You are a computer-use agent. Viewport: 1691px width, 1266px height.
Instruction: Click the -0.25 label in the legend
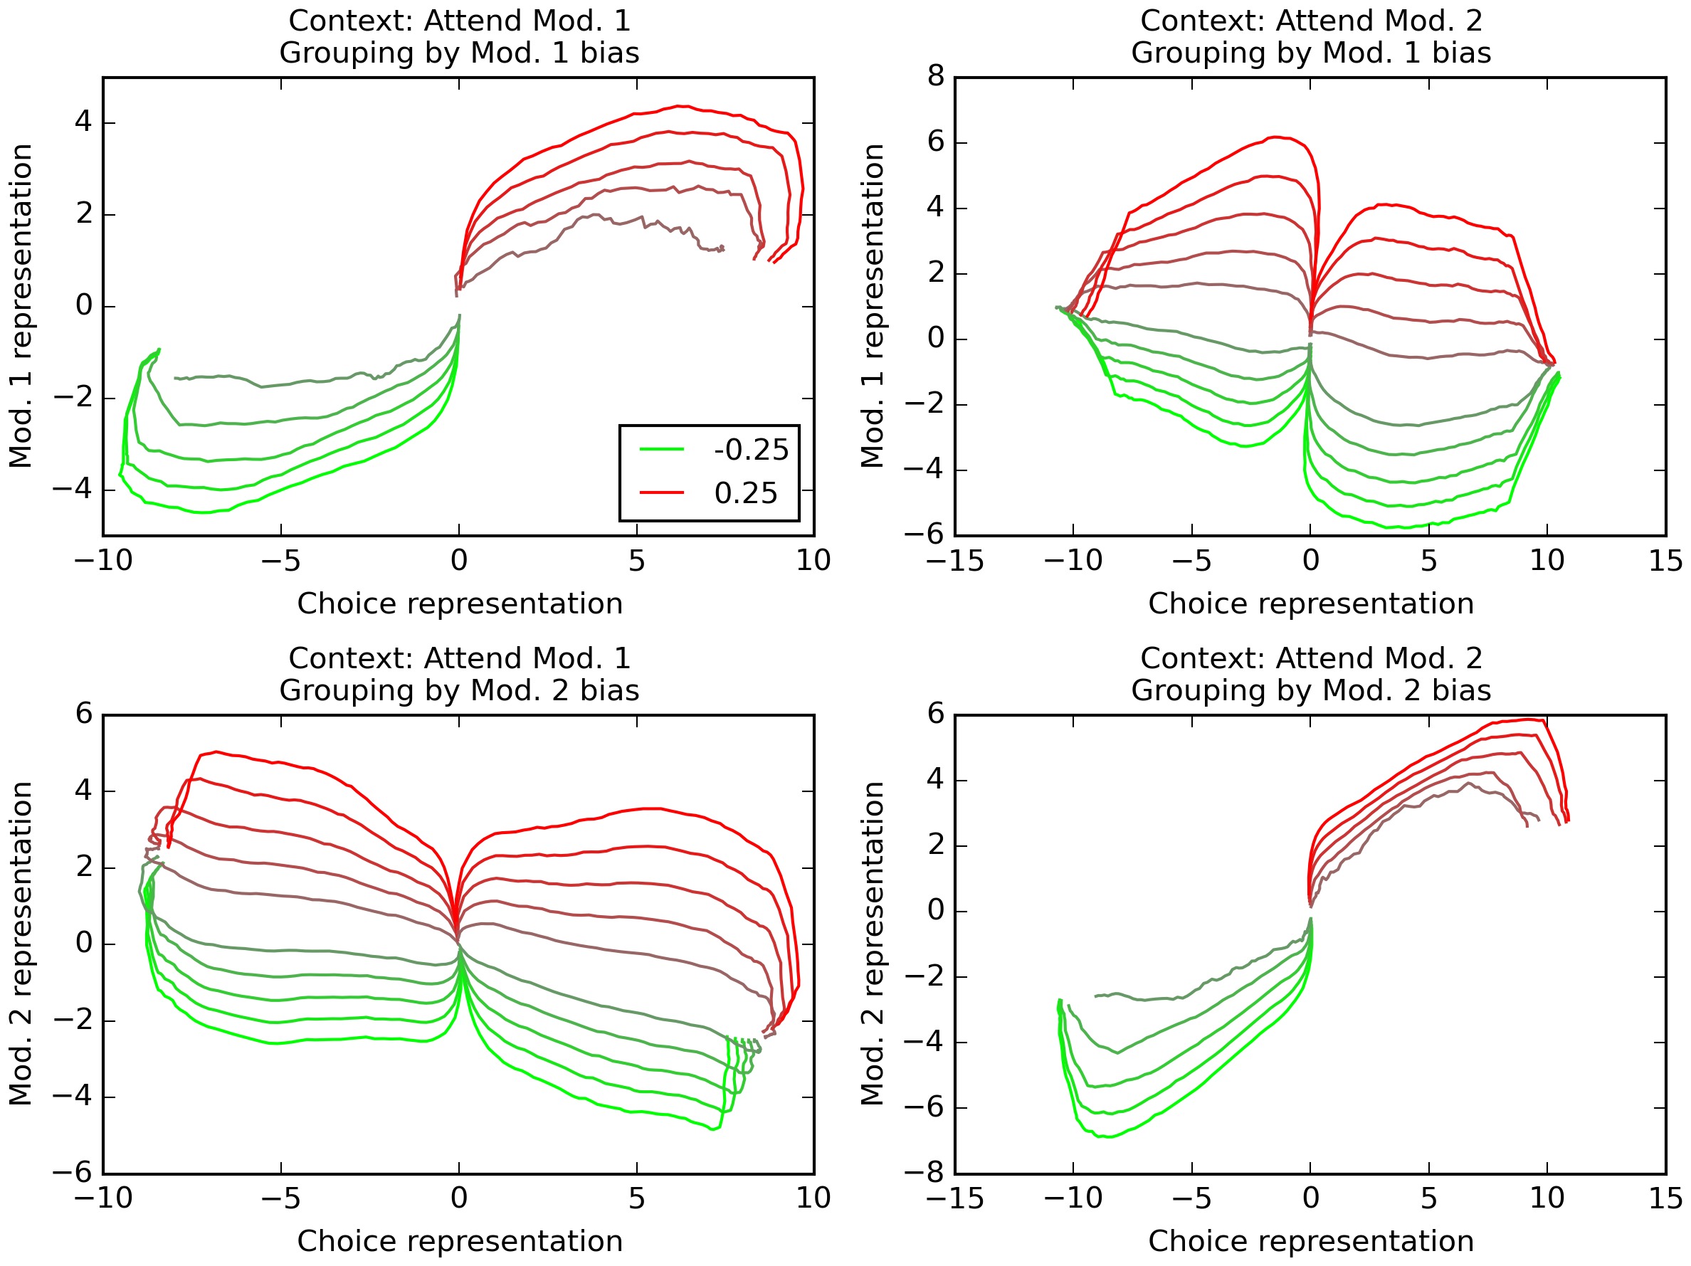751,450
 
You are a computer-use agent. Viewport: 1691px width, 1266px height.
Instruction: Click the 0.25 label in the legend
745,493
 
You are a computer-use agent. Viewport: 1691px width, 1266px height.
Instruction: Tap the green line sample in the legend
661,450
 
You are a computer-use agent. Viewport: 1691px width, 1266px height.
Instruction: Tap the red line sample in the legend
661,492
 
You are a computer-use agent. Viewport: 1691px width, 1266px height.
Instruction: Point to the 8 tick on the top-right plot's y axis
936,76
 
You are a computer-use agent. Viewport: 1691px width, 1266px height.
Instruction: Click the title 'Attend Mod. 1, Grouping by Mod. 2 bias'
458,675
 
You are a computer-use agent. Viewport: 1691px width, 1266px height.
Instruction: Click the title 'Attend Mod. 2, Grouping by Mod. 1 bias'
1310,37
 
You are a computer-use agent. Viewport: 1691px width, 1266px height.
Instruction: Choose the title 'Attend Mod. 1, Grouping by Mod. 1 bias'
458,37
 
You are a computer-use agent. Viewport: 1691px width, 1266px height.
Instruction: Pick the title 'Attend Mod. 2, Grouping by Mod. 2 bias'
1310,675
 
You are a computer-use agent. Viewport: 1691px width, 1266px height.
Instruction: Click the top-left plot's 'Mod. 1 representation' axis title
21,306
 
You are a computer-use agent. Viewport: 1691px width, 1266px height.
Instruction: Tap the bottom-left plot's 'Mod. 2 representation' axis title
21,944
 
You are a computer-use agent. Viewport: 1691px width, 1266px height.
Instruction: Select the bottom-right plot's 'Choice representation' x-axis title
1310,1242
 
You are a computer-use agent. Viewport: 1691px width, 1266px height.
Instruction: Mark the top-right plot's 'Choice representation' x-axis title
1310,604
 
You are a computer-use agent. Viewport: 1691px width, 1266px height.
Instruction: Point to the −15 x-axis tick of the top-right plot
954,561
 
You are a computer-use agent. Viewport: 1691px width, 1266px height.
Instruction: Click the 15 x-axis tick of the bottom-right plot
1665,1198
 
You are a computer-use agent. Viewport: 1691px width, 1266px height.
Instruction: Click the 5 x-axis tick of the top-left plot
636,561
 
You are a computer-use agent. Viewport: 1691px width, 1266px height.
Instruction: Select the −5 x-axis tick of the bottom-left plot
280,1198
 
